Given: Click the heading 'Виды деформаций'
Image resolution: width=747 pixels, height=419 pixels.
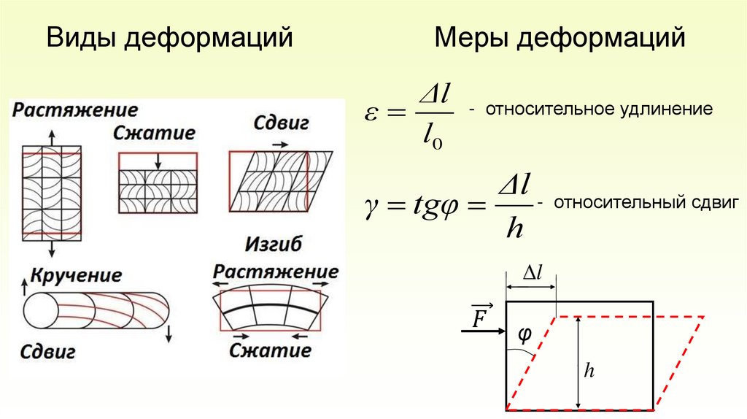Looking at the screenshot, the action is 169,38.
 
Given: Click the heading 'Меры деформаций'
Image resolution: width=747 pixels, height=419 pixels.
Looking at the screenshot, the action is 560,38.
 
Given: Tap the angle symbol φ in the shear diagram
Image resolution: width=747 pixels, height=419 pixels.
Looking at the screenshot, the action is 525,334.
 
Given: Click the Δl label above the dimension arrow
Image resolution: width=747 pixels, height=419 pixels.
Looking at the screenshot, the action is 532,273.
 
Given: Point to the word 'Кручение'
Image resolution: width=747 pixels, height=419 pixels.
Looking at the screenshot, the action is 75,277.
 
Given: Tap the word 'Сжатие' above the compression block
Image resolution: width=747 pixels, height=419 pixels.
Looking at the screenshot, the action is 154,134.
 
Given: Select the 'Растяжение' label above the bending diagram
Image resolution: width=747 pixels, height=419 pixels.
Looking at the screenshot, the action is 276,272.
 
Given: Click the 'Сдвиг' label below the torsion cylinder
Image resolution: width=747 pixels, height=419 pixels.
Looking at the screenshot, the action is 49,353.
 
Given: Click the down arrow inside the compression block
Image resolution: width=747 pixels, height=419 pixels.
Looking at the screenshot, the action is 158,161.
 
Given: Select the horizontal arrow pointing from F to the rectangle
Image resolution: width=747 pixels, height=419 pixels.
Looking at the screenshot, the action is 482,331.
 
